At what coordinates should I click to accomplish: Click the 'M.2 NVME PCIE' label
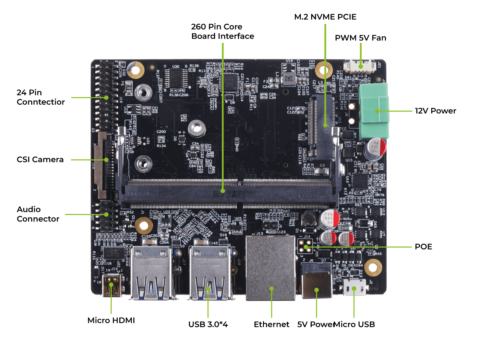tap(325, 17)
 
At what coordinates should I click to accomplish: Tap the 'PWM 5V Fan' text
tap(360, 38)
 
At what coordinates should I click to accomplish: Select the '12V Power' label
tap(435, 111)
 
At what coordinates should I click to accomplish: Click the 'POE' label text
tap(423, 247)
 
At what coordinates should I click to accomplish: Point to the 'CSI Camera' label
tap(40, 159)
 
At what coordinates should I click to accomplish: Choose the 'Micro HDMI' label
tap(111, 320)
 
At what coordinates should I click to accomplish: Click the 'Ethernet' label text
tap(271, 324)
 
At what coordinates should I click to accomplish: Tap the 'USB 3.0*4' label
tap(208, 324)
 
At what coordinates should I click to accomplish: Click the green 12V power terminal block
tap(374, 110)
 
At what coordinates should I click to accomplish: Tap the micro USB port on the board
tap(355, 287)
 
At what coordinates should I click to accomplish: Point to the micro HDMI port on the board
tap(112, 285)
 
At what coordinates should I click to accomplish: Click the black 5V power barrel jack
tap(316, 281)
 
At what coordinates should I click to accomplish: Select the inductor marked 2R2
tap(289, 79)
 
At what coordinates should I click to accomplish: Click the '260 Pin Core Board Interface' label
tap(223, 31)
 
